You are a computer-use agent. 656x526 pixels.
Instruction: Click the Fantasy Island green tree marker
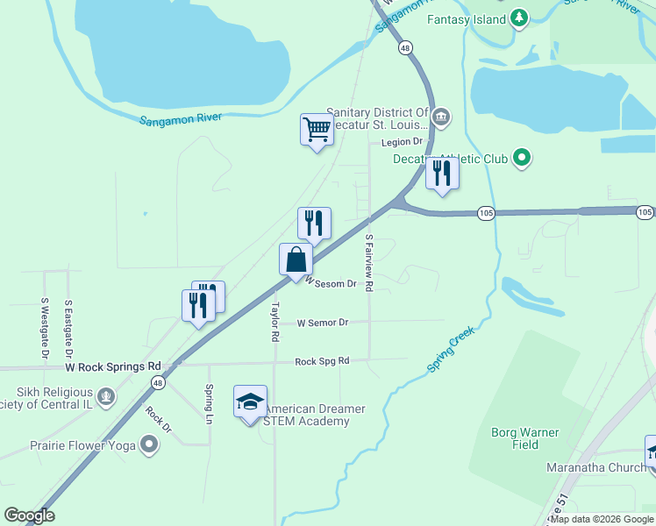[519, 18]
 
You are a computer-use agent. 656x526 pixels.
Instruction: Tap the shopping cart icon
[316, 130]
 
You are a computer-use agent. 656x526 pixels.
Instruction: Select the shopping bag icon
[296, 259]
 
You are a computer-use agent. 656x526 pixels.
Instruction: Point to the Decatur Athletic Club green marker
[522, 159]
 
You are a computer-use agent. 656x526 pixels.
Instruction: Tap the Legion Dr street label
[402, 142]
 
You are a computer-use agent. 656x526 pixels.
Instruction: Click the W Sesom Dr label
[330, 283]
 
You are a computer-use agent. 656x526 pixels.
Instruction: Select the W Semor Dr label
[323, 323]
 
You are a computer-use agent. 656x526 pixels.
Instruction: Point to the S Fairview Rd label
[369, 263]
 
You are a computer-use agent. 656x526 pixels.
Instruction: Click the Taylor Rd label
[275, 322]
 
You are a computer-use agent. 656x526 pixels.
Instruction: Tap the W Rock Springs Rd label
[113, 366]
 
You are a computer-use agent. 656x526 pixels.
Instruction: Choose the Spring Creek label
[452, 350]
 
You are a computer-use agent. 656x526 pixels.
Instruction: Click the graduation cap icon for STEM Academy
[250, 402]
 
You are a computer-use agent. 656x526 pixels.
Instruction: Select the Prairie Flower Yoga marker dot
[149, 445]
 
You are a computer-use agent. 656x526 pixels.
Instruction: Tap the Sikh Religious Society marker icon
[106, 397]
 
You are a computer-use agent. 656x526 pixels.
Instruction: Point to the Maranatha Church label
[596, 467]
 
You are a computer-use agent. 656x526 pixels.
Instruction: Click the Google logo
[30, 515]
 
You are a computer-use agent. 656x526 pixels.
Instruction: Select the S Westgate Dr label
[44, 328]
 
